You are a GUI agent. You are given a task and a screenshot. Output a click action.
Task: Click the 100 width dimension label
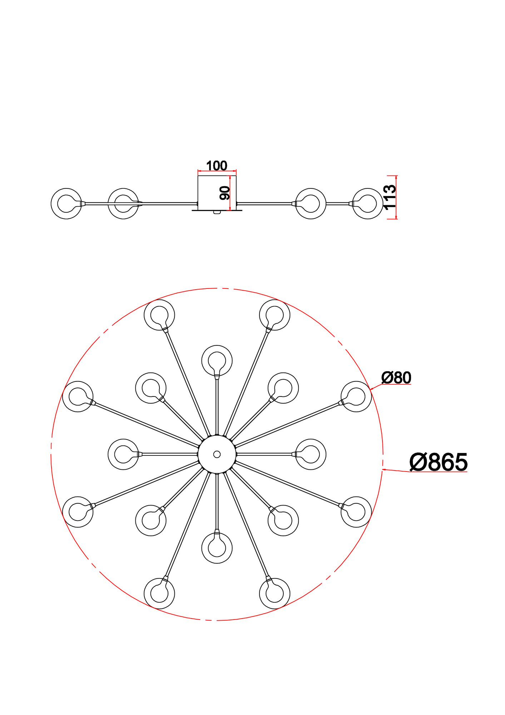[217, 166]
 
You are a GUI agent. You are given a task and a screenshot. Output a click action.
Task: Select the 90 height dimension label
[225, 193]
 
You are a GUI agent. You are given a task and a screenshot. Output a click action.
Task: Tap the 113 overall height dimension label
[390, 197]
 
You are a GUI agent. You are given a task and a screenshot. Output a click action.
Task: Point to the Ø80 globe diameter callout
[396, 378]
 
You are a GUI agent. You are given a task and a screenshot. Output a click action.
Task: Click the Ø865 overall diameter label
[438, 462]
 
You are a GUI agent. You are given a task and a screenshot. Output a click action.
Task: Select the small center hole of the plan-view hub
[217, 454]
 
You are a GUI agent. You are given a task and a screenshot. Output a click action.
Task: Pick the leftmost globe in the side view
[66, 203]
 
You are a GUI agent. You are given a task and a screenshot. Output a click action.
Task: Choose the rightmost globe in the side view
[368, 203]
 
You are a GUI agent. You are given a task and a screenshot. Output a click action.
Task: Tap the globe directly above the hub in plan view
[217, 360]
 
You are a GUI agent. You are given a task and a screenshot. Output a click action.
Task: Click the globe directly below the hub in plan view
[217, 548]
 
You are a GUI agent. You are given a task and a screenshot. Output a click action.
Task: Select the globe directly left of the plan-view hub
[123, 454]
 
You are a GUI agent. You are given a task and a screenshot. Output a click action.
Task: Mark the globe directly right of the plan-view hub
[311, 454]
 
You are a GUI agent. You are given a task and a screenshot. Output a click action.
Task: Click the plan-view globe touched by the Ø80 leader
[356, 396]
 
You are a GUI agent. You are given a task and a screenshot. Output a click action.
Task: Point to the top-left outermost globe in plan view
[159, 315]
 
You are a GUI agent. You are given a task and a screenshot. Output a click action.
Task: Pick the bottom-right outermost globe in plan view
[274, 593]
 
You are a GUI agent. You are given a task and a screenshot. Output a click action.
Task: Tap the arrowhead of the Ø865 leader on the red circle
[383, 469]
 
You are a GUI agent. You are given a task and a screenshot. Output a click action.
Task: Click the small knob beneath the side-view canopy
[217, 212]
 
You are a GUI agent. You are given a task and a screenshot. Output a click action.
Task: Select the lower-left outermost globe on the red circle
[78, 512]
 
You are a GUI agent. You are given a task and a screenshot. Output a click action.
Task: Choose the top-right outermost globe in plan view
[274, 315]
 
